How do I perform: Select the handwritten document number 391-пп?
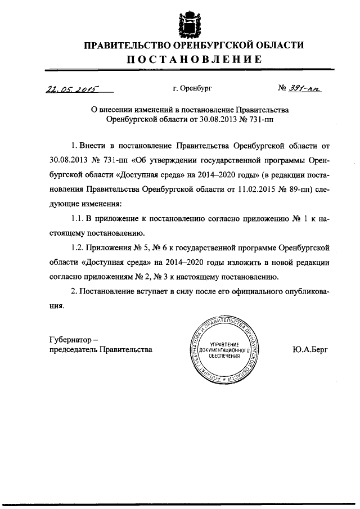coord(304,88)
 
